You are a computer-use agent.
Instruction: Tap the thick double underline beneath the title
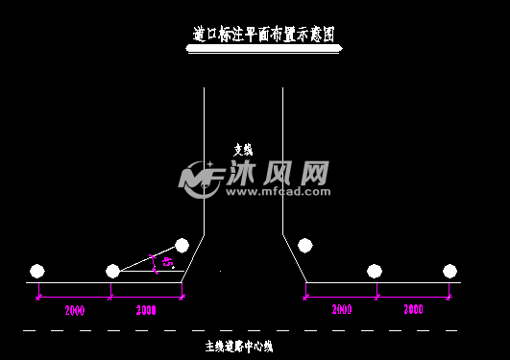[263, 49]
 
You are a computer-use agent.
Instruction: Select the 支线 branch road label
[243, 149]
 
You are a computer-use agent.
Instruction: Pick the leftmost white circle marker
[37, 271]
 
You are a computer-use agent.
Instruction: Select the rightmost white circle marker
[449, 271]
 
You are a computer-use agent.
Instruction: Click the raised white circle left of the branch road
[182, 246]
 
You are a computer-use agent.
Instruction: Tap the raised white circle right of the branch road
[305, 246]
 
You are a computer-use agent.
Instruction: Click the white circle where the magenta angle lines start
[112, 271]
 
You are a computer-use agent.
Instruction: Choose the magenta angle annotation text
[168, 261]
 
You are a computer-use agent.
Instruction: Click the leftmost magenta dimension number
[74, 310]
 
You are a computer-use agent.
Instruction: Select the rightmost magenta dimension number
[413, 309]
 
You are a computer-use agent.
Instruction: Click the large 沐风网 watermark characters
[279, 173]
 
